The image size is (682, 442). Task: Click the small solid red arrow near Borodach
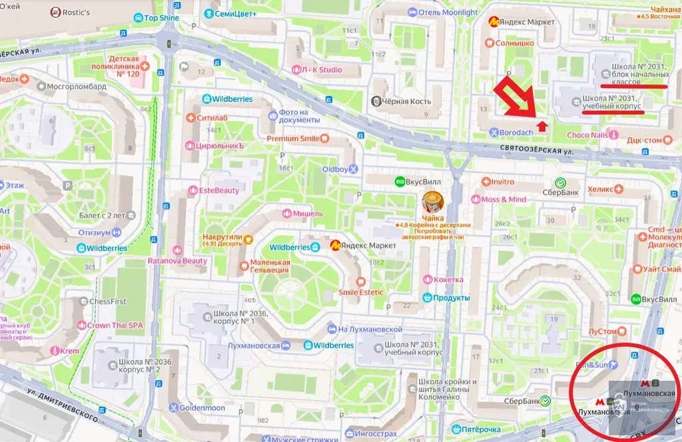[x=542, y=124]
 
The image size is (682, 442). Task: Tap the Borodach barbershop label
[x=516, y=132]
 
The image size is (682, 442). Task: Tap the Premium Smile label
[x=293, y=138]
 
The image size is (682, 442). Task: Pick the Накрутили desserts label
[x=228, y=239]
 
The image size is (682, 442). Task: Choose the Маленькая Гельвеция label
[x=269, y=266]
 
